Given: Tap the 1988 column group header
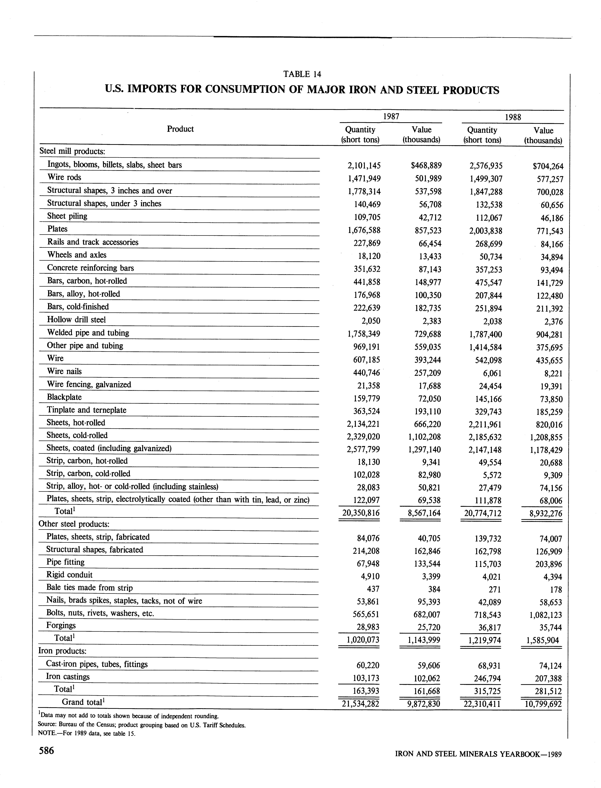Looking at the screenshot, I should point(513,117).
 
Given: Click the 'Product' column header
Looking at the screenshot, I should point(180,129).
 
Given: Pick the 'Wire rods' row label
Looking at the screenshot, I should point(64,177).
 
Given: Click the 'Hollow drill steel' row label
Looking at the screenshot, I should point(77,320).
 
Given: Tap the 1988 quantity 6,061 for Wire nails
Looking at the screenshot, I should point(492,373).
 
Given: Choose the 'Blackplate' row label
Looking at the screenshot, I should point(64,397).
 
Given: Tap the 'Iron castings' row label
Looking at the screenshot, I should point(68,676).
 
